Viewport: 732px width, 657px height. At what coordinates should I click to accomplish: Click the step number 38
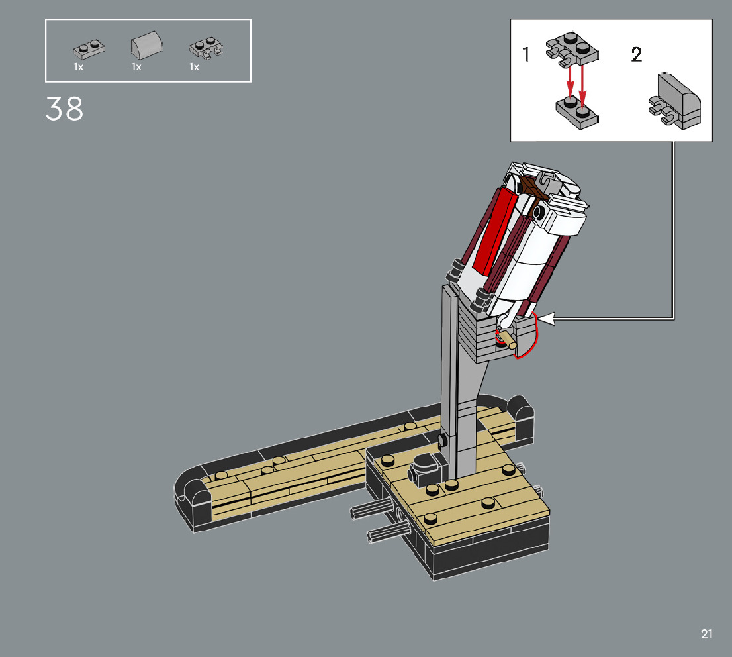64,109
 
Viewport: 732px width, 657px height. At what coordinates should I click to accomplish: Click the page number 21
706,634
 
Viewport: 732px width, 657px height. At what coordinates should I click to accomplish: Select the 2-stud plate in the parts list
89,49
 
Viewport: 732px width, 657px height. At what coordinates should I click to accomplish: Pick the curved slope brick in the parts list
146,45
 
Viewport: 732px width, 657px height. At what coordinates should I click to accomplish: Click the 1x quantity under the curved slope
136,68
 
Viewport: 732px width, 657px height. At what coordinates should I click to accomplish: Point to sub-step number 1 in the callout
526,54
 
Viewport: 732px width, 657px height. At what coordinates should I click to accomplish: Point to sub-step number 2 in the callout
636,55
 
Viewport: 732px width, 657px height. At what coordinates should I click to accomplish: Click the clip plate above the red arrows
572,49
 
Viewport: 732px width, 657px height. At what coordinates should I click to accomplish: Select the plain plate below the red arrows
577,113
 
